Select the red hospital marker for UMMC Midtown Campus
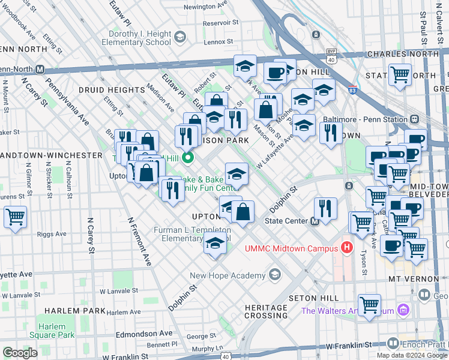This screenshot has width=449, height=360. [x=346, y=247]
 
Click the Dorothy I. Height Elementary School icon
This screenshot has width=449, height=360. [x=178, y=38]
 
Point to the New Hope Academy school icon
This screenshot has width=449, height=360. [x=275, y=275]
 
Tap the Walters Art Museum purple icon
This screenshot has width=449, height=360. [x=403, y=310]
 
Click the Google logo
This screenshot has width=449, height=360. [x=20, y=353]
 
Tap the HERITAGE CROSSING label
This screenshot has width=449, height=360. [x=266, y=311]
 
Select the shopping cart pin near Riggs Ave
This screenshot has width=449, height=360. [x=15, y=217]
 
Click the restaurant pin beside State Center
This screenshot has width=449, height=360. [x=325, y=209]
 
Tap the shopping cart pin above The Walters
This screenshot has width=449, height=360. [x=369, y=304]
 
